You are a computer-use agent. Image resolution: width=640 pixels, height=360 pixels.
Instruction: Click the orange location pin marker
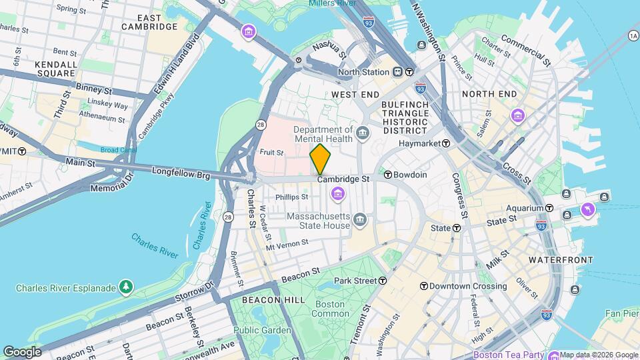[320, 159]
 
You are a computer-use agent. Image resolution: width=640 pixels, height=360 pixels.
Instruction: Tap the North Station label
[363, 72]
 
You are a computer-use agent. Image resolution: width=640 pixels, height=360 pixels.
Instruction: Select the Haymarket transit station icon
[445, 143]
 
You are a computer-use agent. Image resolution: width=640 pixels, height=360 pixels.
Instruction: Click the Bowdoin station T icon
[387, 175]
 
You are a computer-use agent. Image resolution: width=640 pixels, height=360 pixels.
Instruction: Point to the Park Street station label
[354, 281]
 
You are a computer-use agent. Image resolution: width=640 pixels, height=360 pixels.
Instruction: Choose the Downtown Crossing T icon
[423, 286]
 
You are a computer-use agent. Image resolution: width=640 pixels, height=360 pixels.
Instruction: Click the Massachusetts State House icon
[360, 220]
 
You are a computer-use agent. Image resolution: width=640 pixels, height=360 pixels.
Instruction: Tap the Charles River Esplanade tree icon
[125, 287]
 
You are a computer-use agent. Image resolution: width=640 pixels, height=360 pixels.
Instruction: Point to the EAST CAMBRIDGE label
[149, 22]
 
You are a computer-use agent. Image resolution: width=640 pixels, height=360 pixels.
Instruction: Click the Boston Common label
[330, 309]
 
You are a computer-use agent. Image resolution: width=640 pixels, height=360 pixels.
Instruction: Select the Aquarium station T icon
[549, 208]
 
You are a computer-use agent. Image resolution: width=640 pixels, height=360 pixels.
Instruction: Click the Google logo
[21, 351]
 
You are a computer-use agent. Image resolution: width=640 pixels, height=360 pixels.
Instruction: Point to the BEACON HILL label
[269, 301]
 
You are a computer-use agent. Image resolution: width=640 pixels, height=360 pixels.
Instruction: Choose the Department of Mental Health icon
[363, 132]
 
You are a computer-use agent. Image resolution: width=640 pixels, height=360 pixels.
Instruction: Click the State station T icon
[457, 228]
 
